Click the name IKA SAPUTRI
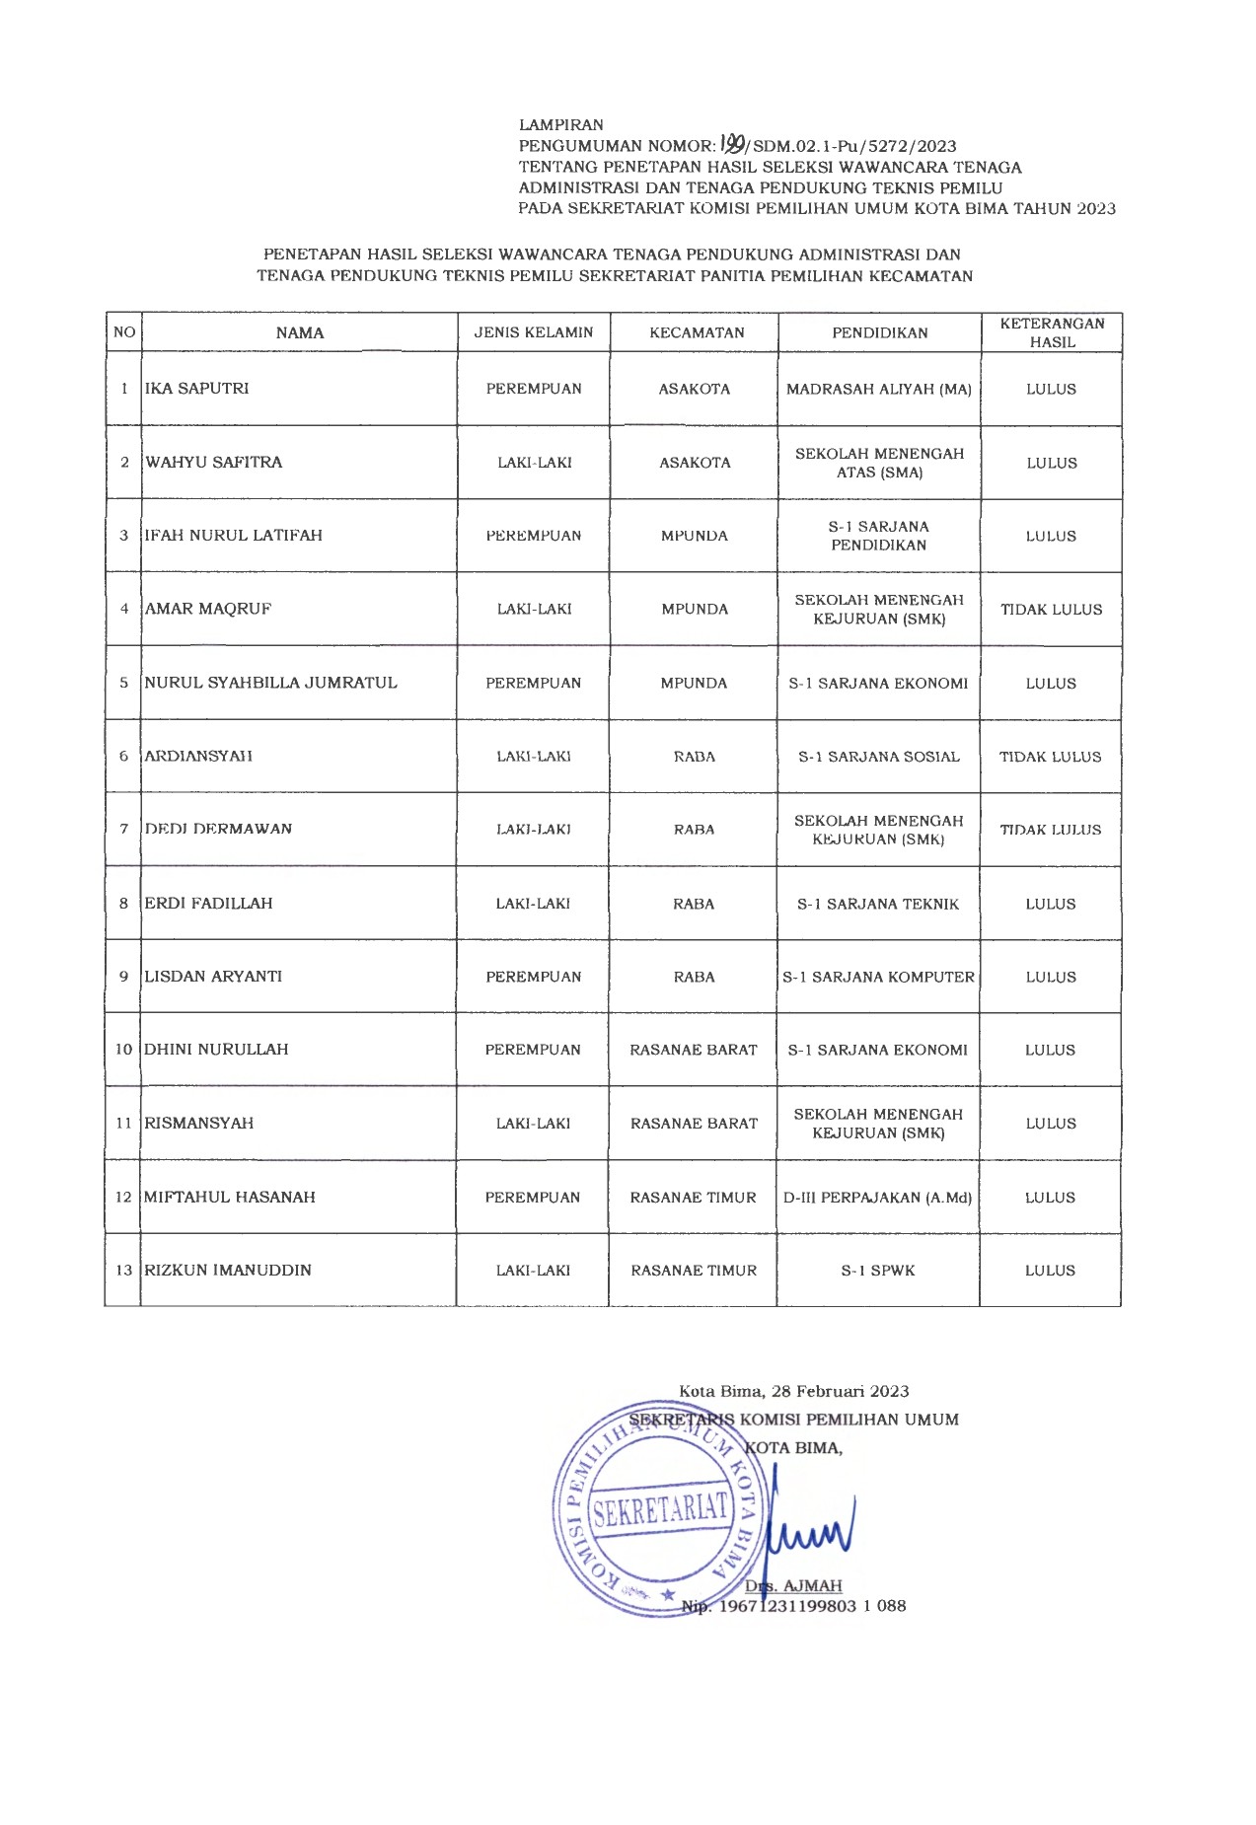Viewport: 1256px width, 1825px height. tap(197, 389)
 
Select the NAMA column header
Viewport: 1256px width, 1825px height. tap(300, 333)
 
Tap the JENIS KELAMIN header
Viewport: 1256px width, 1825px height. tap(534, 332)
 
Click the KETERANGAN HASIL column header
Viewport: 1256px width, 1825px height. tap(1052, 333)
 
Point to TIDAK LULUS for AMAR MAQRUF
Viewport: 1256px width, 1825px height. tap(1051, 610)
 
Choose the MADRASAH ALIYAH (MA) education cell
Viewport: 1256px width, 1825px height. tap(879, 390)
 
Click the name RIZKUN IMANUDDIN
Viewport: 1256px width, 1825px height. tap(228, 1271)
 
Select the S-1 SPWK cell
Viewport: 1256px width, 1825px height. tap(878, 1271)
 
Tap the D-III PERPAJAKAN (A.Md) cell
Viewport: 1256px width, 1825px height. tap(878, 1198)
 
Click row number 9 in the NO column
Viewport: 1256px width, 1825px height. tap(123, 977)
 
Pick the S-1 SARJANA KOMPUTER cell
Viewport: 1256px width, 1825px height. tap(878, 978)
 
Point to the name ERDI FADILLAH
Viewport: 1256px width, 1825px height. tap(208, 904)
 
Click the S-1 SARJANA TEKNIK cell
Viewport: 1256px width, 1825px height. tap(878, 904)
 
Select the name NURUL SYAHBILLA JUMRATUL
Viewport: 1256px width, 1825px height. tap(271, 683)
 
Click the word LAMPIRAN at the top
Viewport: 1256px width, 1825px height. tap(561, 125)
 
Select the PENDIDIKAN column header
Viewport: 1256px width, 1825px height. tap(880, 333)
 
